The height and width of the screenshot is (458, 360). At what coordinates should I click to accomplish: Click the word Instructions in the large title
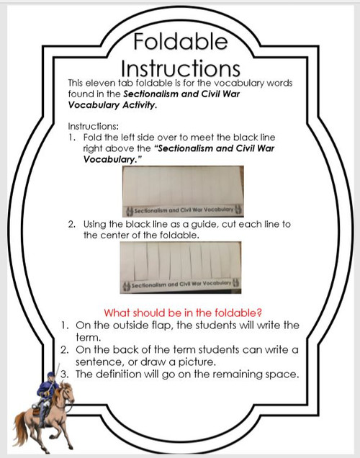180,68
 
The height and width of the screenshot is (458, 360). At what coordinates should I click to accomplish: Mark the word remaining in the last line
238,374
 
